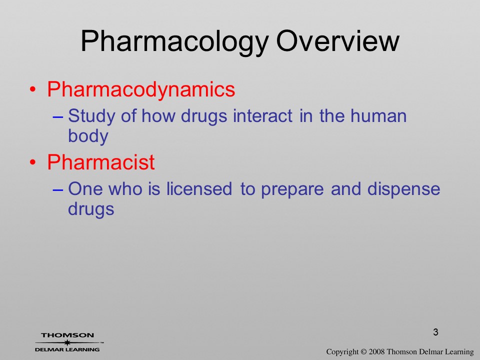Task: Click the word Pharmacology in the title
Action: (x=174, y=42)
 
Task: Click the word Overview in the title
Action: (x=337, y=40)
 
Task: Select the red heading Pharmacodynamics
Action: (x=141, y=89)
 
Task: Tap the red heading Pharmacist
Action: (x=101, y=162)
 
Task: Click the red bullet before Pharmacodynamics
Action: (x=33, y=89)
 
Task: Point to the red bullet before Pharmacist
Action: (x=33, y=162)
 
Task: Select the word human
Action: (x=378, y=116)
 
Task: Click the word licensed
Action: (x=199, y=189)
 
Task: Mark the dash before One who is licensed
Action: (x=57, y=190)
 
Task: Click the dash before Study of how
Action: (x=57, y=117)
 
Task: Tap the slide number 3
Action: (x=435, y=332)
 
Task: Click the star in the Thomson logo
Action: (x=67, y=342)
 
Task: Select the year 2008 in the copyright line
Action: (x=376, y=352)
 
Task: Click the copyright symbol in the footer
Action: (x=363, y=352)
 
